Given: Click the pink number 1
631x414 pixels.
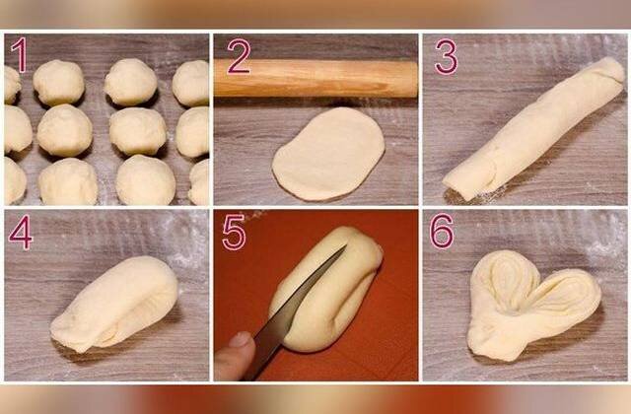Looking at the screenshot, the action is tap(20, 55).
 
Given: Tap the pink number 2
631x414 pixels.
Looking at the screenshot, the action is tap(239, 56).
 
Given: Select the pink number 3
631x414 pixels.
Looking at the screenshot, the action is tap(446, 56).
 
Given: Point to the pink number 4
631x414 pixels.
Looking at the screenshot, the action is tap(21, 233).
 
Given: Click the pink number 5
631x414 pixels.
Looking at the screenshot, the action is tap(234, 233).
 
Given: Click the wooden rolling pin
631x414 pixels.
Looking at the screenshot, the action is tap(315, 79).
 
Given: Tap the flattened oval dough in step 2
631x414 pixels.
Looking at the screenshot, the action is tap(328, 154).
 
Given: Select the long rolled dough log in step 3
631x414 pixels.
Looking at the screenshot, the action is tap(534, 128).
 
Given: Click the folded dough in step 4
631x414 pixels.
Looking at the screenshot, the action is tap(114, 305).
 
